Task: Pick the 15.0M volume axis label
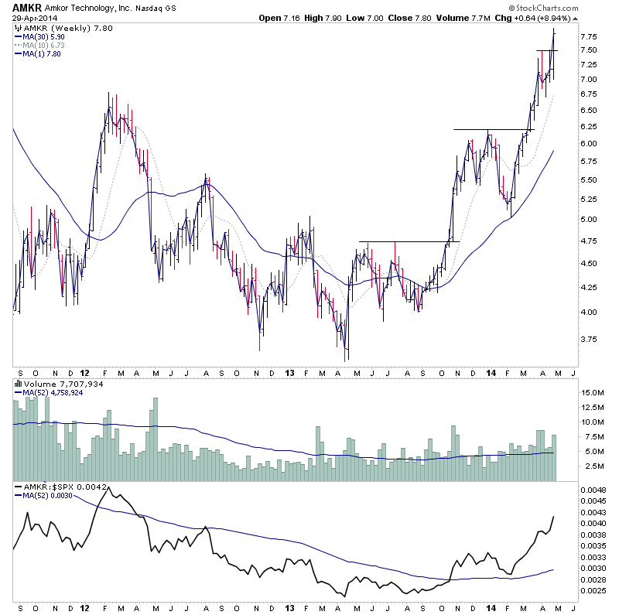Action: pos(593,393)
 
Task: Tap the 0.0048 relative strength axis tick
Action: pos(593,490)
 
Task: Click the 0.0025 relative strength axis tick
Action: pos(593,590)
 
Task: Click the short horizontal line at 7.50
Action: pos(547,50)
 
